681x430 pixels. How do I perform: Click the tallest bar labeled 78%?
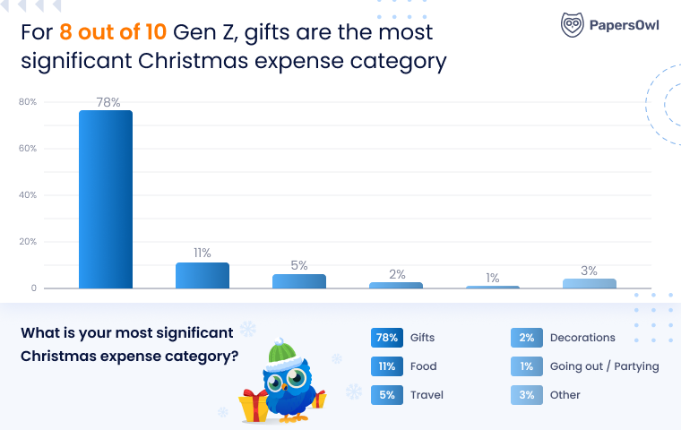click(106, 199)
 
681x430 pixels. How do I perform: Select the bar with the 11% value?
click(203, 275)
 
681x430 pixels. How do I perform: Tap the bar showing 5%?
click(299, 281)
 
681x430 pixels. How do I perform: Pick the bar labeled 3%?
click(590, 283)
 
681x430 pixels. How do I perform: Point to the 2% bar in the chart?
click(396, 285)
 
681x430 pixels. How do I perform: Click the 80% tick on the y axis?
click(28, 102)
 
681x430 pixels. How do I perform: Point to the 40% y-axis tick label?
click(28, 195)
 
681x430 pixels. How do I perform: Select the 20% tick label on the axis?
click(28, 242)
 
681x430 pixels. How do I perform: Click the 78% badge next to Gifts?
click(386, 338)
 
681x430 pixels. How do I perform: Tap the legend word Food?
click(423, 366)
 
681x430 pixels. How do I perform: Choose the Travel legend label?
click(427, 395)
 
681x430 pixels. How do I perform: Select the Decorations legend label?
click(582, 338)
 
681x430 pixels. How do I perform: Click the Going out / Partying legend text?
click(604, 366)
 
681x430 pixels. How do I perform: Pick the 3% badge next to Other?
click(526, 395)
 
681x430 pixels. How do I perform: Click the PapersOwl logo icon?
click(573, 24)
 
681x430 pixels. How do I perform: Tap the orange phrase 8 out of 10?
click(111, 33)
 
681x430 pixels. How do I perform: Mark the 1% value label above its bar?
click(493, 278)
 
